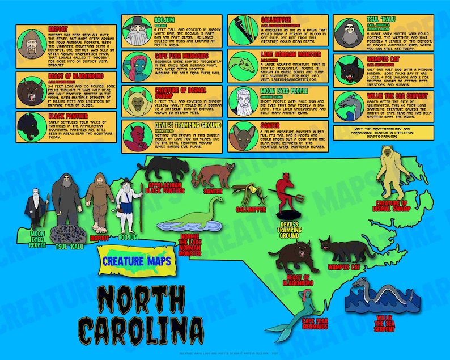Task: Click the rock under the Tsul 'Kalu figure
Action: (67, 232)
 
